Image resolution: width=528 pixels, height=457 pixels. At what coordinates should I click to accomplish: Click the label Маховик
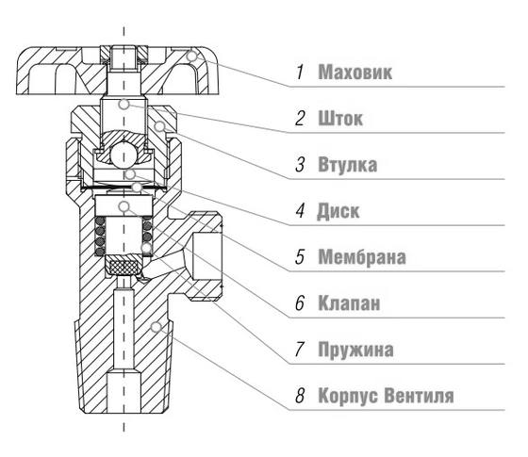click(355, 72)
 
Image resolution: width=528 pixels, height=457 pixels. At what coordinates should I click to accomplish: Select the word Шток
click(340, 119)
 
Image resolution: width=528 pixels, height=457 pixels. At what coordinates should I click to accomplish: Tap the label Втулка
click(348, 165)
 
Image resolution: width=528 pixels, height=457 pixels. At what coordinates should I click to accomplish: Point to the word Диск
click(338, 211)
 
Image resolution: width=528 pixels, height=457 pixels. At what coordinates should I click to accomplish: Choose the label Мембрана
click(362, 257)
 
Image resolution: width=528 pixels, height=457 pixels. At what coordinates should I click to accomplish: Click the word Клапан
click(349, 302)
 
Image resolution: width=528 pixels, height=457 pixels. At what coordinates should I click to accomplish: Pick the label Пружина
click(355, 350)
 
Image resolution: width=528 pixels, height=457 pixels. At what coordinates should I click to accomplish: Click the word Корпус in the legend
click(348, 396)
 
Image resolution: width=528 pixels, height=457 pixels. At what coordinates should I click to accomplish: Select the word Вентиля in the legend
click(419, 396)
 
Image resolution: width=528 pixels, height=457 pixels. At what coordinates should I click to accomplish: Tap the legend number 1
click(300, 72)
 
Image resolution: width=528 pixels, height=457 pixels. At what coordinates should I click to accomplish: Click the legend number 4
click(300, 211)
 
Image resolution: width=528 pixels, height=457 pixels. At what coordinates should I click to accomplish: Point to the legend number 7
click(300, 350)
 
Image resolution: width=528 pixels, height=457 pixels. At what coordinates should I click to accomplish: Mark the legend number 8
click(300, 396)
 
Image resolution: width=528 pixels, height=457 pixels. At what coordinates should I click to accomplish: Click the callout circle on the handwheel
click(191, 57)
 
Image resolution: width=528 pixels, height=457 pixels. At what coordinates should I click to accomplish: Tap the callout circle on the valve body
click(156, 326)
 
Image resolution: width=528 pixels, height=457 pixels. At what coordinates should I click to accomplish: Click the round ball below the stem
click(124, 155)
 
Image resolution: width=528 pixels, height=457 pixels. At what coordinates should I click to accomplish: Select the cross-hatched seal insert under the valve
click(124, 268)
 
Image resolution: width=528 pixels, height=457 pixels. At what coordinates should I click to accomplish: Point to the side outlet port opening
click(206, 255)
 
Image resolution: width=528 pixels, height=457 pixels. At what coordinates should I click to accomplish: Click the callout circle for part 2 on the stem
click(124, 104)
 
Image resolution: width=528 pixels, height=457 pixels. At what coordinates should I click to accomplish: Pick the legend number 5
click(300, 257)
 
